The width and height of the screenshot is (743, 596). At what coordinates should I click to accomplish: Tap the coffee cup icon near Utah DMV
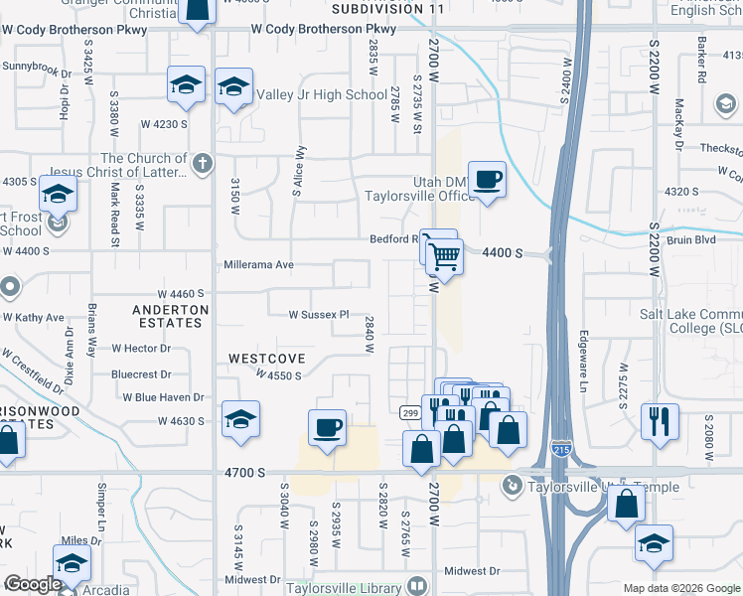coord(487,180)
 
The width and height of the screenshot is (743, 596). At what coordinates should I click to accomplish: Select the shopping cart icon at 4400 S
coord(445,257)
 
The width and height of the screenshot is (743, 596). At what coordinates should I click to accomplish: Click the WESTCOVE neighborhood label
coord(264,358)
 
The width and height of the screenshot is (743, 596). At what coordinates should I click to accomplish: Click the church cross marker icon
coord(202,162)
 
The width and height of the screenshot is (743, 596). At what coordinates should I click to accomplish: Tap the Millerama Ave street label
coord(261,265)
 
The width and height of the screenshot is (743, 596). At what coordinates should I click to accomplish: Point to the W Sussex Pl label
coord(319,315)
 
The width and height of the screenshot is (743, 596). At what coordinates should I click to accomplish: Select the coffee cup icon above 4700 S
coord(328,428)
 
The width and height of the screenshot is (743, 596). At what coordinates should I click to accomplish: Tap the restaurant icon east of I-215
coord(661,421)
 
